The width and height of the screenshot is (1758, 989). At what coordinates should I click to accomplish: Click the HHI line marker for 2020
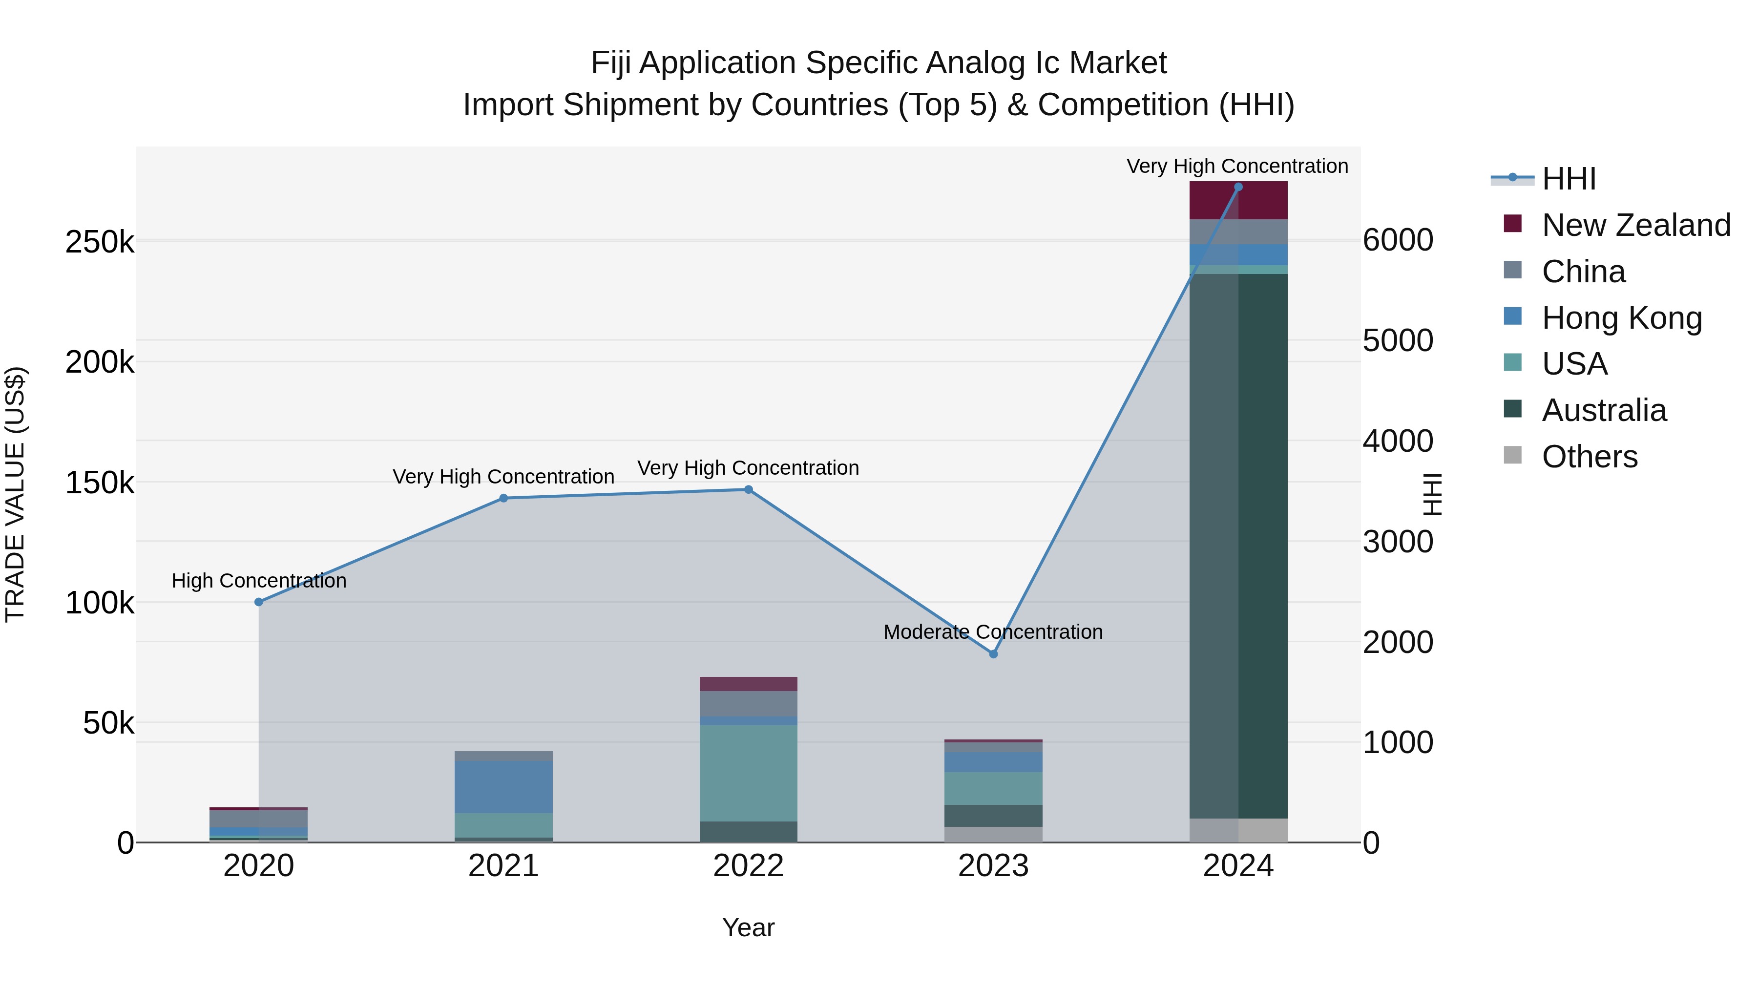click(x=259, y=602)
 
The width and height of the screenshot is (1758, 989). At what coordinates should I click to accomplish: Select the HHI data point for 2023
click(x=994, y=654)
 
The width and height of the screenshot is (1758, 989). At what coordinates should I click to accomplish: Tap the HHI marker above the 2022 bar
click(x=749, y=489)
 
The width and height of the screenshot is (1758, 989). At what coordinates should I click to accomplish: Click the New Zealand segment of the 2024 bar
click(x=1238, y=201)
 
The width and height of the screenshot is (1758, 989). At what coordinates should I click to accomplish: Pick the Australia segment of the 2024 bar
click(x=1238, y=546)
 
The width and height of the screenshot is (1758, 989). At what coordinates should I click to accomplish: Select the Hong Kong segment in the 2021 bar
click(x=503, y=786)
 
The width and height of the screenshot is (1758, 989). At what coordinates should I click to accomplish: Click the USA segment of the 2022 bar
click(x=749, y=773)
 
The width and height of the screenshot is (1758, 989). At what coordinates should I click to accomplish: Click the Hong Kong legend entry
click(x=1621, y=318)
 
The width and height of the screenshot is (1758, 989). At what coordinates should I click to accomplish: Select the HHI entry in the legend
click(x=1568, y=179)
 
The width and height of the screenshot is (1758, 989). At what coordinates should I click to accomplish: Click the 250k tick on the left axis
click(x=100, y=242)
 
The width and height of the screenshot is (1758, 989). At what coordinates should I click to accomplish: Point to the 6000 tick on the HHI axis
click(x=1398, y=240)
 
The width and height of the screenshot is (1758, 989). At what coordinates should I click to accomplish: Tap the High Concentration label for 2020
click(x=259, y=581)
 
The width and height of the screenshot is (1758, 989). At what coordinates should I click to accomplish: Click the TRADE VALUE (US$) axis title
click(x=15, y=494)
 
